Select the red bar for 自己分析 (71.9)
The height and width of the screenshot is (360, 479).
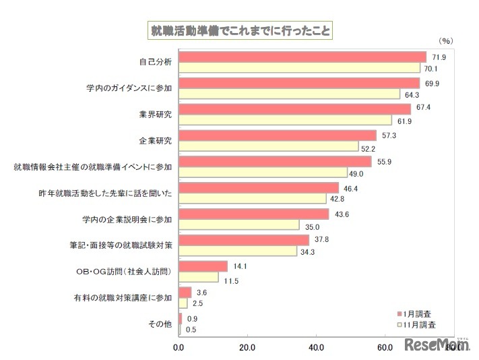tap(302, 57)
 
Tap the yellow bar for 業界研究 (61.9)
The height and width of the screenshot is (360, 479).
tap(285, 120)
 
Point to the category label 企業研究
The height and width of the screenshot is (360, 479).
tap(154, 141)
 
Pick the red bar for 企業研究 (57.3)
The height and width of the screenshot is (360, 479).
tap(278, 136)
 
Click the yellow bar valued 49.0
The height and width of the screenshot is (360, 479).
tap(263, 173)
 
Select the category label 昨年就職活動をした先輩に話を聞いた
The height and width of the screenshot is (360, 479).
tap(106, 193)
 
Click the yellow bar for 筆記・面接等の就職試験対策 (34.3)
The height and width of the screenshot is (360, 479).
tap(238, 251)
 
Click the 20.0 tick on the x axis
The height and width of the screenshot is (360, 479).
tap(247, 348)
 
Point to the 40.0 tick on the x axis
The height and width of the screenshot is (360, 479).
tap(316, 348)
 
